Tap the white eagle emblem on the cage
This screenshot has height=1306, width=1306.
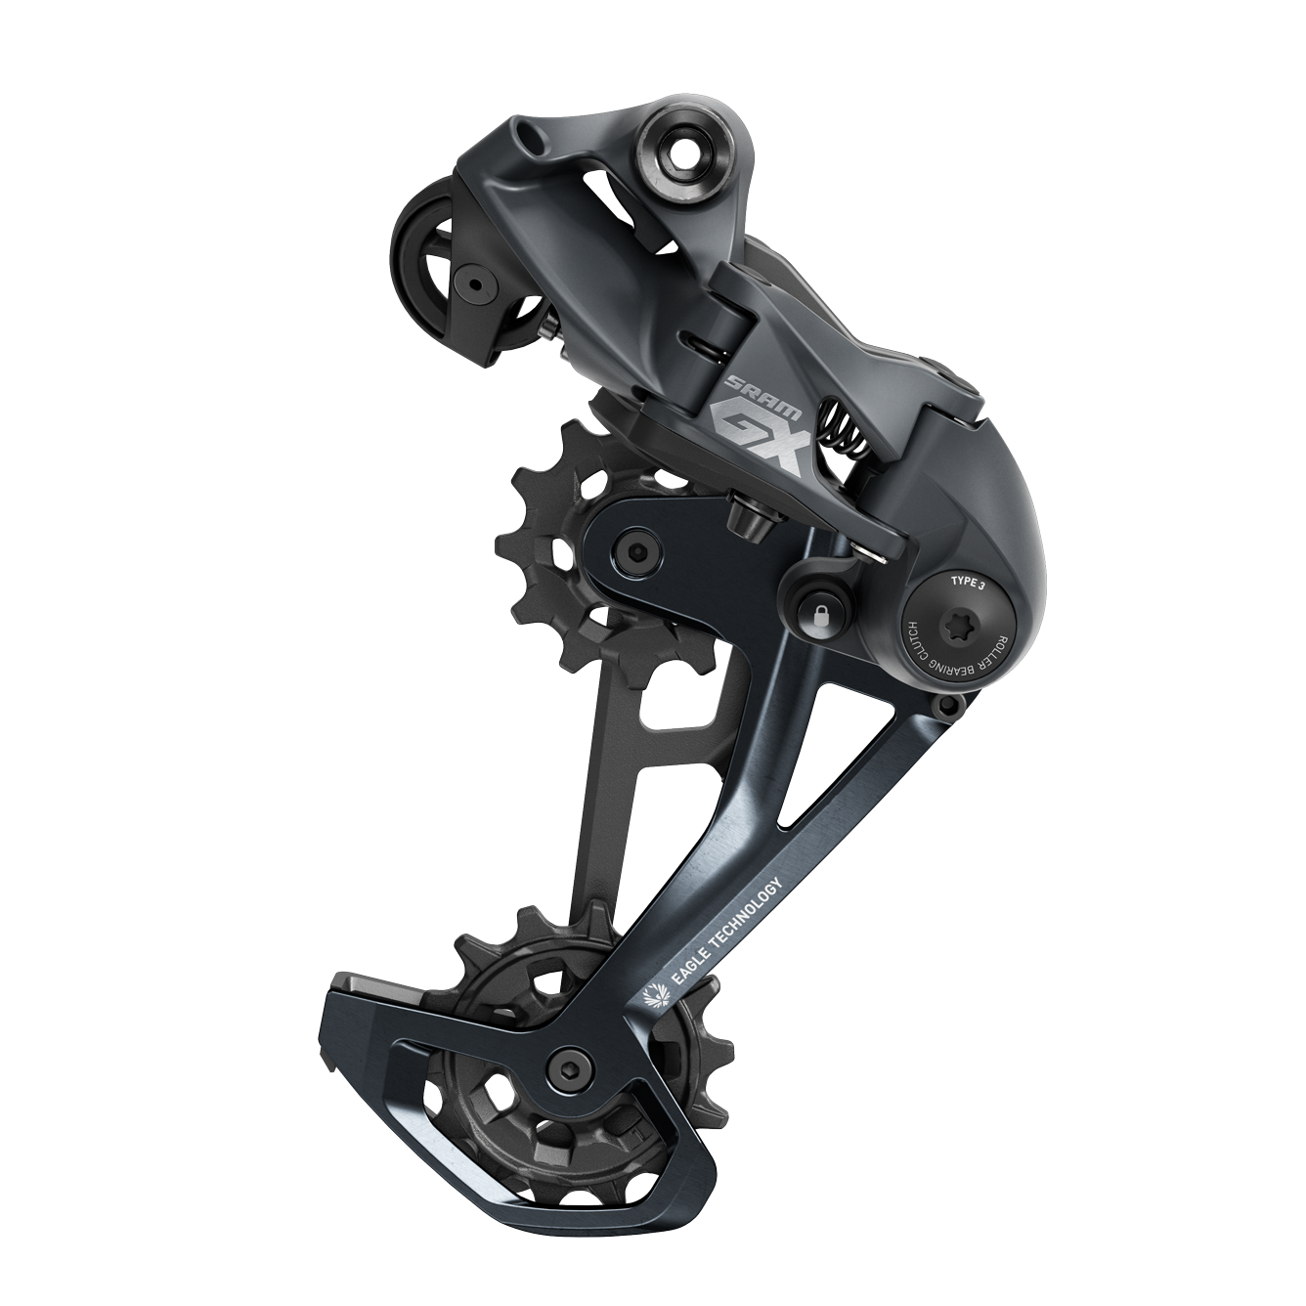pos(656,997)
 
